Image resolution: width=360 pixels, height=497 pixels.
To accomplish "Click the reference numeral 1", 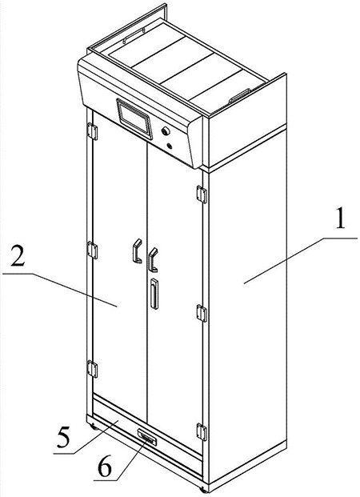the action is (x=340, y=219).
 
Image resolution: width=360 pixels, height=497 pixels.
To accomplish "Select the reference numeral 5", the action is (x=62, y=437).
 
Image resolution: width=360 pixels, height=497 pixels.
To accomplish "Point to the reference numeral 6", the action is (x=105, y=468).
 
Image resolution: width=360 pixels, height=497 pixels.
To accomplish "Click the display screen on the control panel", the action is (x=134, y=119).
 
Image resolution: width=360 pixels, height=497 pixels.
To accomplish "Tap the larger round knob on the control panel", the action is (x=166, y=131).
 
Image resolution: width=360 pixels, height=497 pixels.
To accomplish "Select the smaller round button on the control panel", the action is (x=170, y=146).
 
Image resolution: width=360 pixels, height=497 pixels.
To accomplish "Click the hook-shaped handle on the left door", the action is (x=138, y=251).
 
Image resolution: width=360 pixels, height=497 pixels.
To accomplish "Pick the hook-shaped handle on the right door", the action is (x=153, y=259).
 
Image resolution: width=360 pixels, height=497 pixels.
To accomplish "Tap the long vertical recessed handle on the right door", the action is (x=154, y=294).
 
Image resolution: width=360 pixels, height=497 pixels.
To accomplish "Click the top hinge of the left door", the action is (x=92, y=131).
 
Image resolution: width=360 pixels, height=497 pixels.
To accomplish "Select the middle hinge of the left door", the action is (x=92, y=250).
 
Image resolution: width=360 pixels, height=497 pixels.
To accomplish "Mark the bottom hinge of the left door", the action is (x=92, y=369).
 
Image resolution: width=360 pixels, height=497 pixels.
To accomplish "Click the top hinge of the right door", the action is (x=202, y=194).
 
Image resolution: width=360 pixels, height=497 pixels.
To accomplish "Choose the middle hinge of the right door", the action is (x=202, y=313).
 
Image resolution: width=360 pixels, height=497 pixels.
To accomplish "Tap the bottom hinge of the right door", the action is (x=202, y=431).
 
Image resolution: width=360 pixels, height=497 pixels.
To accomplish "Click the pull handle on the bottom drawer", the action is (x=147, y=438).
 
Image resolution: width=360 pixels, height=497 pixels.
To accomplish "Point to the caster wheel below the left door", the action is (x=94, y=427).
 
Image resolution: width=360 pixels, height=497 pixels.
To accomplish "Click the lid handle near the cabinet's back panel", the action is (x=134, y=35).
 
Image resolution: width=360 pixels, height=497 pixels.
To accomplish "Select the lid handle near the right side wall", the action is (x=239, y=96).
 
